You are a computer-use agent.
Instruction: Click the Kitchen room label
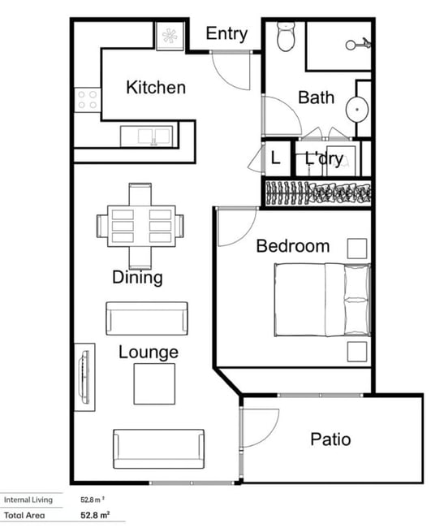[156, 87]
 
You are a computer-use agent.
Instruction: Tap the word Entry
[226, 33]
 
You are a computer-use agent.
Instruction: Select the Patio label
[330, 439]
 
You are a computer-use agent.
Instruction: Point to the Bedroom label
[293, 246]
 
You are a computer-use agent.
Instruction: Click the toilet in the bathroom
[286, 37]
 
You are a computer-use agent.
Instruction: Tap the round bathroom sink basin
[357, 109]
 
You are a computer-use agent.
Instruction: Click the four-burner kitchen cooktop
[88, 100]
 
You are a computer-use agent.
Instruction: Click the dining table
[141, 226]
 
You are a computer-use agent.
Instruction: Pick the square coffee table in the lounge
[154, 383]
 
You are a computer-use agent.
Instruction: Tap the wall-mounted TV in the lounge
[84, 377]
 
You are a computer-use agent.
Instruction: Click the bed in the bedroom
[322, 300]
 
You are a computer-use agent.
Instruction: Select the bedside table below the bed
[357, 352]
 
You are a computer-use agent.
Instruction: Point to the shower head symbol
[358, 44]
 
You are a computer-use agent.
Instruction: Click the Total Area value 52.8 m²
[95, 515]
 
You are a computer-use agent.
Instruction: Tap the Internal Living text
[28, 500]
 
